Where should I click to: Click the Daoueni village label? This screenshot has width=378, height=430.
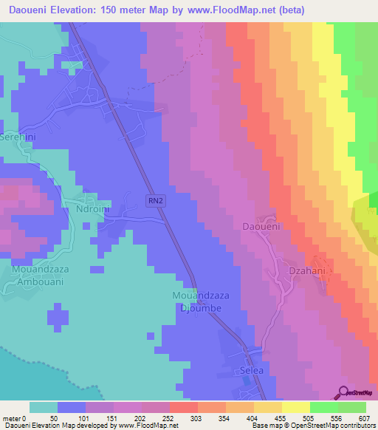coord(261,227)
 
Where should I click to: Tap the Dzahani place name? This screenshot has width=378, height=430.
coord(306,271)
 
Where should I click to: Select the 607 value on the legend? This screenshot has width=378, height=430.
coord(363,417)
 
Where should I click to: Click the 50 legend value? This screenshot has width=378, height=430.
coord(54,417)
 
